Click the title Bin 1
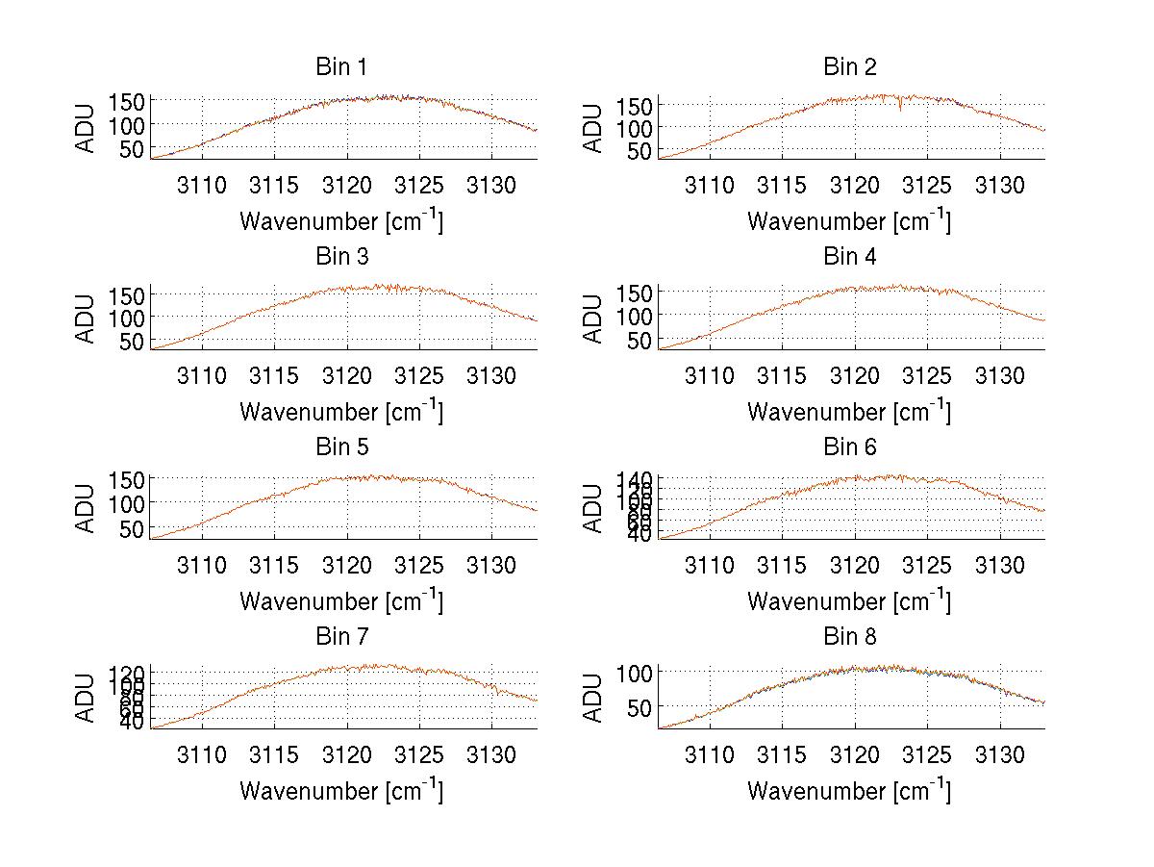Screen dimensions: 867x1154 pyautogui.click(x=340, y=67)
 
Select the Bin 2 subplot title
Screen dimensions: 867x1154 pyautogui.click(x=849, y=67)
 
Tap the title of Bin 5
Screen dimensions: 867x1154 pyautogui.click(x=340, y=447)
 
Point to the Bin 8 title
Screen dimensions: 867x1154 pyautogui.click(x=849, y=637)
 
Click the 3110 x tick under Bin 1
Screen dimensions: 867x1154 pyautogui.click(x=202, y=185)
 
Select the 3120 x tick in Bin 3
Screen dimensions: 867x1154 pyautogui.click(x=347, y=374)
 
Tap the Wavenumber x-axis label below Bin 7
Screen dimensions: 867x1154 pyautogui.click(x=340, y=791)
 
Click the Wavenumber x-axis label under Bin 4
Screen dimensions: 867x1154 pyautogui.click(x=849, y=411)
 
